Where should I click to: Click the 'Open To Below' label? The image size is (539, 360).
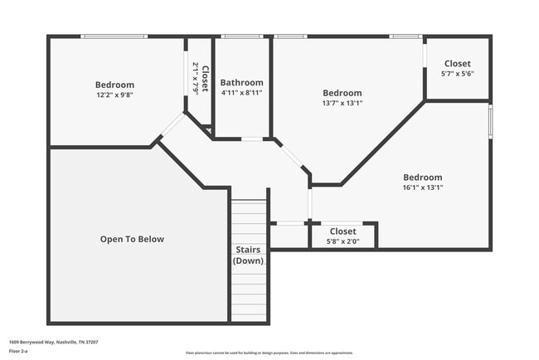coord(132,240)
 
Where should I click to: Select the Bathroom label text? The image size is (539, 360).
coord(242,83)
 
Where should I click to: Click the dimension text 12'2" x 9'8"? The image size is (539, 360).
coord(114,95)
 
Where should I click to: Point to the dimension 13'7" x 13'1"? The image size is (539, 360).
coord(342,104)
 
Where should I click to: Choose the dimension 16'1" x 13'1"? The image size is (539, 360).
coord(422,187)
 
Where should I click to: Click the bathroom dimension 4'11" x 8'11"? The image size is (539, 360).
coord(242,93)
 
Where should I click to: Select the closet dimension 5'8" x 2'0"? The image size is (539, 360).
coord(342,241)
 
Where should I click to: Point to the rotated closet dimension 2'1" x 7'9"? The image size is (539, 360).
coord(196,79)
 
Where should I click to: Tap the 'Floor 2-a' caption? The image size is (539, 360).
coord(18,352)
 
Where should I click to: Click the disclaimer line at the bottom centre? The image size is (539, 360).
coord(269,352)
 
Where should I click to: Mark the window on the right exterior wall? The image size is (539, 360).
coord(490,120)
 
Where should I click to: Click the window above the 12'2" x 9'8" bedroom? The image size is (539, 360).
coord(114,36)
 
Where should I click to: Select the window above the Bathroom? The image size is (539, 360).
coord(242,36)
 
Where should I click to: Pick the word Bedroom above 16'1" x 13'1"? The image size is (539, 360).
coord(422,178)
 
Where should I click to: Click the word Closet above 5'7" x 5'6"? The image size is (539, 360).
coord(457,64)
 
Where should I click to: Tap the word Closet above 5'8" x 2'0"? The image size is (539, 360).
coord(342,231)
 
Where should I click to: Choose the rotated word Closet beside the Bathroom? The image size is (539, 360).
coord(205,79)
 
